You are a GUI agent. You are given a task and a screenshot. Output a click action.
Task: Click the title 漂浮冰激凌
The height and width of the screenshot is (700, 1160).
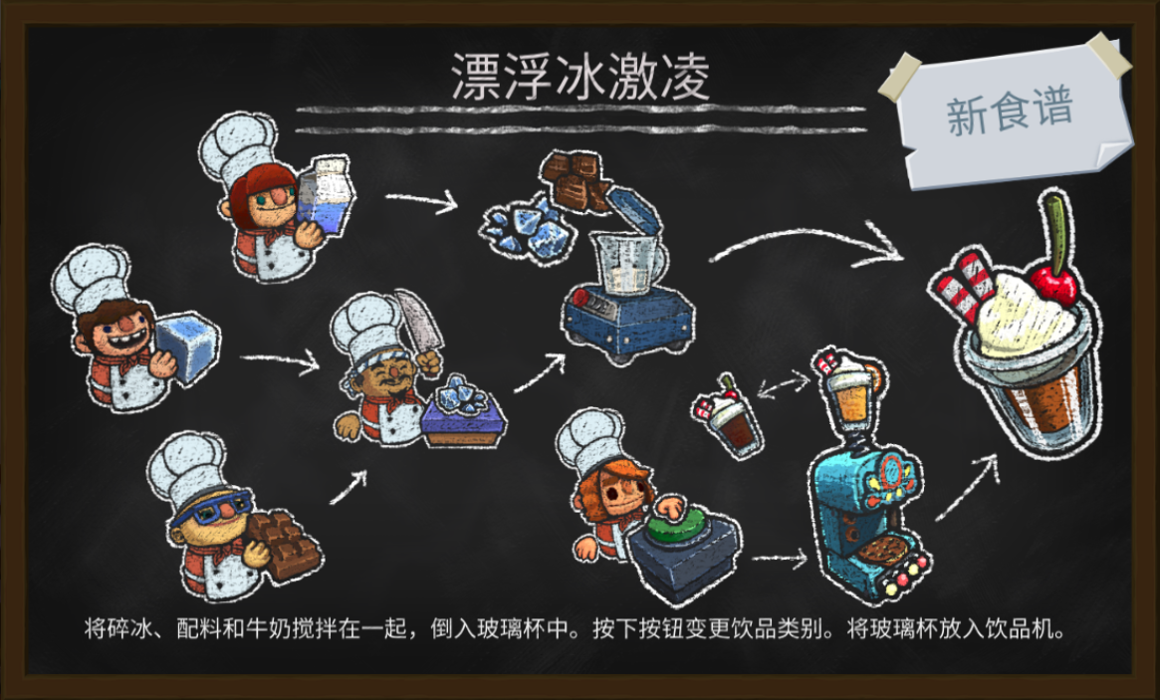(580, 77)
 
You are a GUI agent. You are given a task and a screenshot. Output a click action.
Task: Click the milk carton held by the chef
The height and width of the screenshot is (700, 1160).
(326, 194)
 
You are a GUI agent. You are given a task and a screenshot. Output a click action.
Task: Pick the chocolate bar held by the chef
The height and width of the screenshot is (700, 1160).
(285, 544)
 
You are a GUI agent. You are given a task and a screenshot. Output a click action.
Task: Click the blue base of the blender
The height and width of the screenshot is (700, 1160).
(627, 322)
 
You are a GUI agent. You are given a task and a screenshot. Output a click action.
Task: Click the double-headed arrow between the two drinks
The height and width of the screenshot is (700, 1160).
(785, 386)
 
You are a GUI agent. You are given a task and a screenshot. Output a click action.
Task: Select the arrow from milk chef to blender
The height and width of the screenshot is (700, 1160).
(422, 200)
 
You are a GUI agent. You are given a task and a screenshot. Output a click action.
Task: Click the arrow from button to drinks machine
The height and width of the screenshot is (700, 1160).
(779, 559)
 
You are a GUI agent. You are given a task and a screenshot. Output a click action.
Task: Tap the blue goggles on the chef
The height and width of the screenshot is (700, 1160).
(211, 507)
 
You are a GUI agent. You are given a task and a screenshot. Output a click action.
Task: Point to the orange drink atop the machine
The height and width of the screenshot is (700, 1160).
(850, 392)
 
